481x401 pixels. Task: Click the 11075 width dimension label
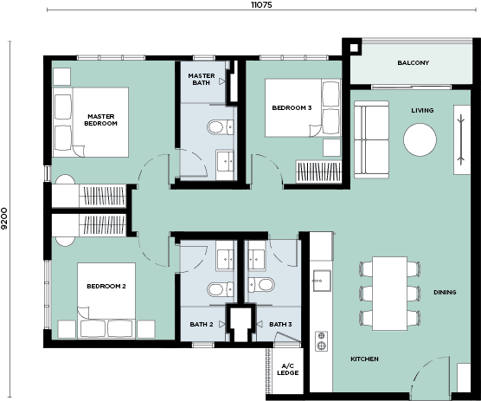[261, 5]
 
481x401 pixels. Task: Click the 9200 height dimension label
[4, 218]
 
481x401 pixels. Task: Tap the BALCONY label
[414, 62]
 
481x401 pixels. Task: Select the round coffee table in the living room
[420, 140]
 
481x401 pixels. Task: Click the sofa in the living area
[371, 139]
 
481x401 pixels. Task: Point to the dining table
[390, 294]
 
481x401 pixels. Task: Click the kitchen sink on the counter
[322, 281]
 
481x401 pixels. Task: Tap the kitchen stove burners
[321, 341]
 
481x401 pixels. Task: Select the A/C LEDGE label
[288, 369]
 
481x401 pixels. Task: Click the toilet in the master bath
[221, 127]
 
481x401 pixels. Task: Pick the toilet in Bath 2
[221, 289]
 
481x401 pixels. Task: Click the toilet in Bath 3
[261, 285]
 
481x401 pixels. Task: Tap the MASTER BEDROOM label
[101, 120]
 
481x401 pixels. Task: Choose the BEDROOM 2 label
[106, 286]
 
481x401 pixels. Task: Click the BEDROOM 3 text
[292, 107]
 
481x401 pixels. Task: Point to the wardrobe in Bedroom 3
[318, 171]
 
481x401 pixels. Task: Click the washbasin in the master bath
[225, 160]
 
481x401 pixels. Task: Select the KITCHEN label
[364, 359]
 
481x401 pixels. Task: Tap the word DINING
[445, 293]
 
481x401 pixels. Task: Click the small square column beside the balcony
[354, 48]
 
